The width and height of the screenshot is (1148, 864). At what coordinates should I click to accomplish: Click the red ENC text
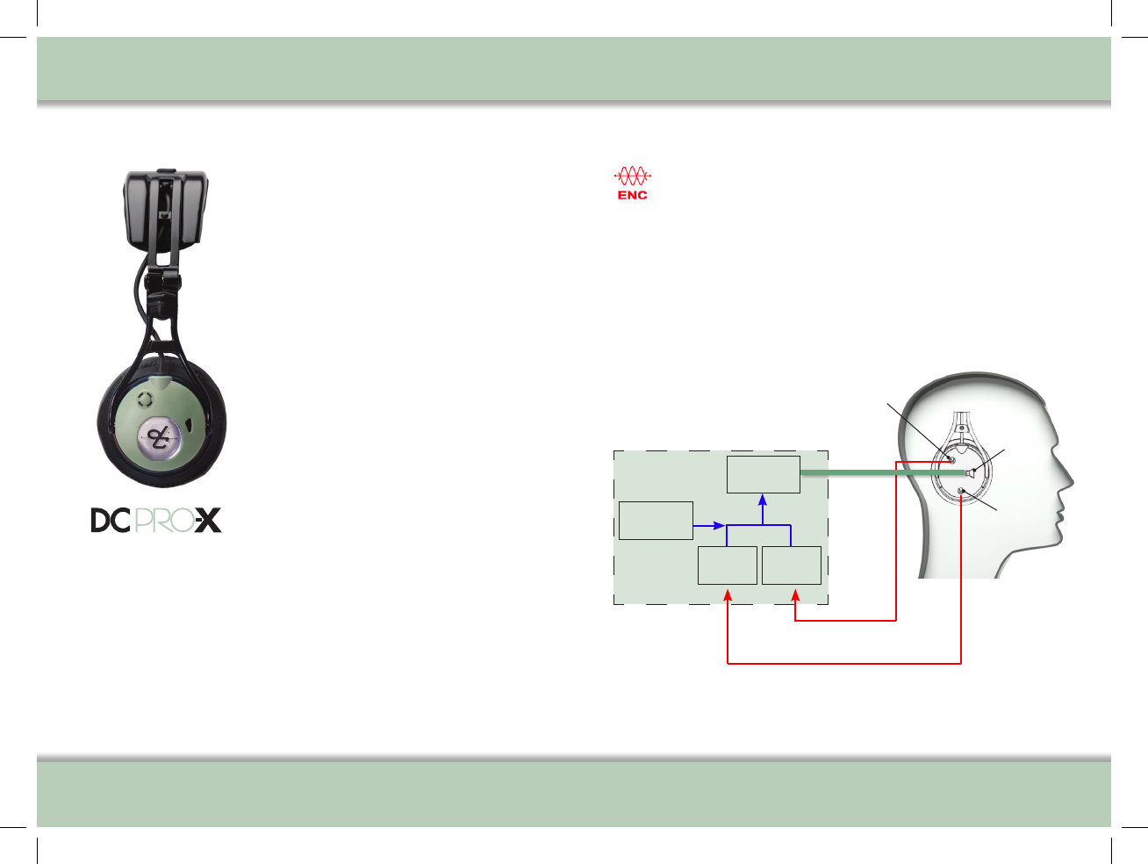tap(632, 195)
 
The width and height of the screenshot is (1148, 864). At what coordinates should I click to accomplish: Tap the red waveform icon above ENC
tap(632, 176)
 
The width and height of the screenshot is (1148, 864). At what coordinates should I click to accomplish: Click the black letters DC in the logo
tap(111, 521)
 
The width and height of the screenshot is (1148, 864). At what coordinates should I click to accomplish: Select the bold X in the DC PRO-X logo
tap(208, 520)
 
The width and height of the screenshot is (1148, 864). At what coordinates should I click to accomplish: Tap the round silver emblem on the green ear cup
tap(159, 438)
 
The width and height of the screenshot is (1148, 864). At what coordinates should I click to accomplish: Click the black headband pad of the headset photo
tap(165, 208)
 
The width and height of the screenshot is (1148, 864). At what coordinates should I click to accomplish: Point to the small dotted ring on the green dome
tap(145, 400)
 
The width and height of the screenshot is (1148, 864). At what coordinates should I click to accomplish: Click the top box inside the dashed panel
tap(763, 474)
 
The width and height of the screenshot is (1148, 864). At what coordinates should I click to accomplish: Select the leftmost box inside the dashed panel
tap(656, 521)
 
